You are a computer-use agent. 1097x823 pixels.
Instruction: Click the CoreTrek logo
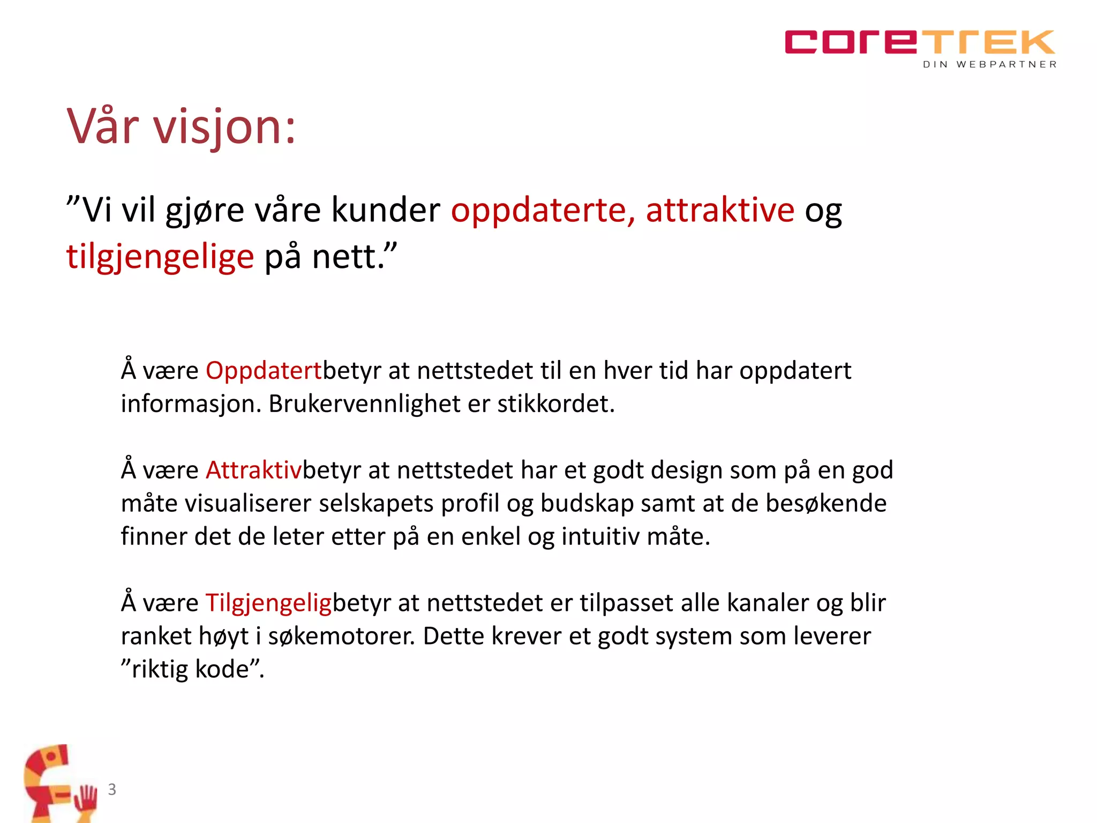919,43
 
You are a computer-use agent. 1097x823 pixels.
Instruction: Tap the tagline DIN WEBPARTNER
989,65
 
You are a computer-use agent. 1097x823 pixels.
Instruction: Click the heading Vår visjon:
181,127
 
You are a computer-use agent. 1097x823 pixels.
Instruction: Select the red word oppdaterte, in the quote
543,211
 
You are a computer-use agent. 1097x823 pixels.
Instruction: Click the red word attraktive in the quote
719,210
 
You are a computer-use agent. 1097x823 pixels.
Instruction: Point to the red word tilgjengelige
160,257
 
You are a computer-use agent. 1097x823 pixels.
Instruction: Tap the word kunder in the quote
385,210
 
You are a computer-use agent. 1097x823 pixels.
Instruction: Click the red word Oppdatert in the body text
264,371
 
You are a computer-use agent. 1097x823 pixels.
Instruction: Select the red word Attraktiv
253,470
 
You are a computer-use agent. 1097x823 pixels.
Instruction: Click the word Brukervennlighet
364,404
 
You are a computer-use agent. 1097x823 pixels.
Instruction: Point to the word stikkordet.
555,404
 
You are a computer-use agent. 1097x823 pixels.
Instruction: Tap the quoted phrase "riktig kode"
192,670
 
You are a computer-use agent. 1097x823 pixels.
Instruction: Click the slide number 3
112,789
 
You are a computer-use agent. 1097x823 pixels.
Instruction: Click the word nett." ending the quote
354,257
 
